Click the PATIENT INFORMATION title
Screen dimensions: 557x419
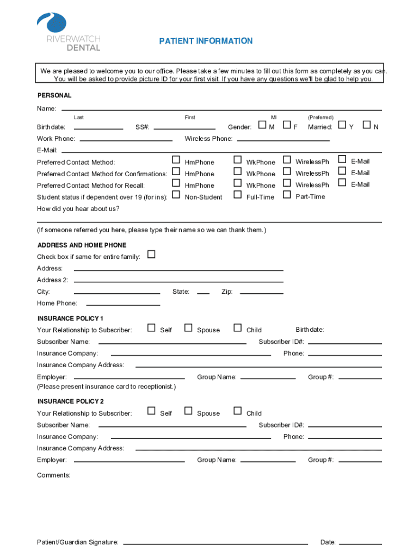(206, 41)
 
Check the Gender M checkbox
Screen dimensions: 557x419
(262, 126)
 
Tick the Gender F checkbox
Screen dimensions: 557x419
(287, 126)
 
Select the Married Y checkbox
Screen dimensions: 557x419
(342, 126)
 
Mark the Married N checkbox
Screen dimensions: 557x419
(367, 126)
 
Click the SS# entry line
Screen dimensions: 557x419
(185, 128)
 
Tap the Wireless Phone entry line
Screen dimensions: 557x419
(282, 140)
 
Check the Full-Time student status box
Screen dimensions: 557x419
(237, 195)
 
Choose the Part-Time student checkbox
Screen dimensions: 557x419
(287, 195)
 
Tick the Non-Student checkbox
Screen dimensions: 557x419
(176, 195)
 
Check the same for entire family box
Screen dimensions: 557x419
(151, 254)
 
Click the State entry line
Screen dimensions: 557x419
(203, 293)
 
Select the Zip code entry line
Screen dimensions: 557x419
(261, 293)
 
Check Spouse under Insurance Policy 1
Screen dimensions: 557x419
(188, 327)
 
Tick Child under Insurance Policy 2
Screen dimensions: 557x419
(237, 411)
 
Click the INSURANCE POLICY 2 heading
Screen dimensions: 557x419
(70, 401)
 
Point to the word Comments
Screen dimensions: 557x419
(53, 475)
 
